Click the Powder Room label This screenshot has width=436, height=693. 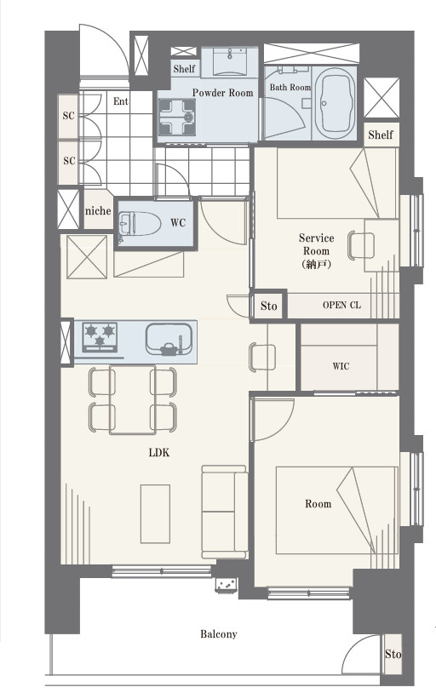222,93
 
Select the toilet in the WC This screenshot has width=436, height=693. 139,223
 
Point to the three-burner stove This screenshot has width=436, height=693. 100,337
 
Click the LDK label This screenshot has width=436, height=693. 159,453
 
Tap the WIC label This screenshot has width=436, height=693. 341,366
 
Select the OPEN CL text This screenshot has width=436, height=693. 341,305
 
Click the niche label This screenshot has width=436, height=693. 98,211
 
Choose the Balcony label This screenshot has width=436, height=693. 219,634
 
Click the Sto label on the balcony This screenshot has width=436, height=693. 393,654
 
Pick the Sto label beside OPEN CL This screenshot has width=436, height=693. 268,306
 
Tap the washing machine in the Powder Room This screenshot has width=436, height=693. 177,117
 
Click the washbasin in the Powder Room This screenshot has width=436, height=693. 229,62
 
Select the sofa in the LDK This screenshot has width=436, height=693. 225,512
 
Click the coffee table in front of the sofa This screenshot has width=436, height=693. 155,513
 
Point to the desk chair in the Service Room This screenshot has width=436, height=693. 361,245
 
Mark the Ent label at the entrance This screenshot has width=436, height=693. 121,101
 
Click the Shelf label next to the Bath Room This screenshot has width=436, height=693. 381,135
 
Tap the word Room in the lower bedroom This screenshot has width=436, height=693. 318,504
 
